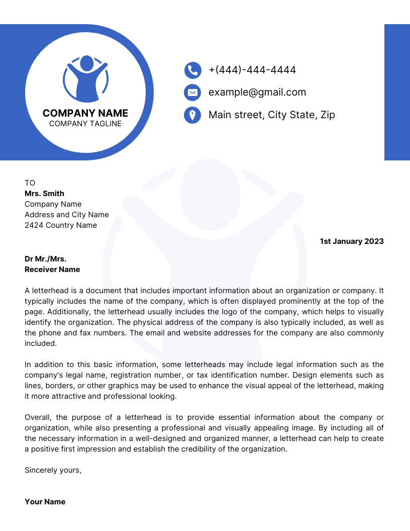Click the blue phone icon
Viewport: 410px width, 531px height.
(x=192, y=70)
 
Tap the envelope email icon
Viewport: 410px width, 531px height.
(x=192, y=93)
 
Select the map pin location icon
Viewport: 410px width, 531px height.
(x=192, y=115)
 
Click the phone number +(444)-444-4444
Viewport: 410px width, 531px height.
(x=252, y=70)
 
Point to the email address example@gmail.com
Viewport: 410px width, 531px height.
(x=257, y=92)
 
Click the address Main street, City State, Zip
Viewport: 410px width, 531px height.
(x=271, y=115)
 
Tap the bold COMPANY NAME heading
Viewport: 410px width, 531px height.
(x=85, y=113)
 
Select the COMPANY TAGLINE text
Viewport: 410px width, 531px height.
(x=85, y=124)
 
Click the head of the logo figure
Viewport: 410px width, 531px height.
(x=86, y=63)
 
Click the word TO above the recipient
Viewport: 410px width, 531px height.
(x=30, y=183)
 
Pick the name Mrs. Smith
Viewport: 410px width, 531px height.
(x=45, y=194)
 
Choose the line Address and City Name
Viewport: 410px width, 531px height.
(x=67, y=215)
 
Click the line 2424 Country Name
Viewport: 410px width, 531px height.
(x=61, y=225)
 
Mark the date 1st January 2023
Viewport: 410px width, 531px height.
(x=352, y=241)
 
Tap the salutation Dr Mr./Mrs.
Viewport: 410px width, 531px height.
(x=46, y=259)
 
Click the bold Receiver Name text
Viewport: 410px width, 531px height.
(x=52, y=270)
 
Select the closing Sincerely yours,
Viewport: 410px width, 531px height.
(x=53, y=470)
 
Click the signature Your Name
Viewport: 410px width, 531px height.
(x=45, y=502)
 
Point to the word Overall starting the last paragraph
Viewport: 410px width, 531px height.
(x=38, y=417)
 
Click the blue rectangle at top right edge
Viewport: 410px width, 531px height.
(x=397, y=92)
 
